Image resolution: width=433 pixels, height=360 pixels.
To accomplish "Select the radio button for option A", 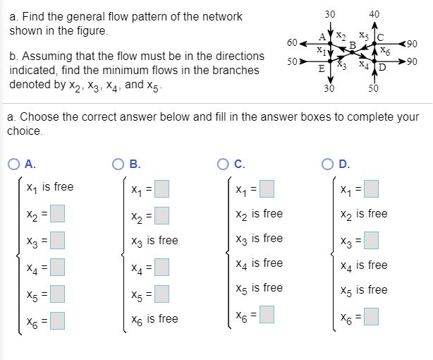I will coord(14,164).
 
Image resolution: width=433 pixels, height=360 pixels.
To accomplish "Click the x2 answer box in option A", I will coord(58,212).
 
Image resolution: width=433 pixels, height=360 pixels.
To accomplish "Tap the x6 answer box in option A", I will coord(58,320).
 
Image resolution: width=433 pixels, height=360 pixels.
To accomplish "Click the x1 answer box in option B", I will coord(162,189).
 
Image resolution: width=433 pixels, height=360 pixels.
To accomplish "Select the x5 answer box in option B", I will coord(162,292).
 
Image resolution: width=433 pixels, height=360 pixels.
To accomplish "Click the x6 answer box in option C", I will coord(267,314).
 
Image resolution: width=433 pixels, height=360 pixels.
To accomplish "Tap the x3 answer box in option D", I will coord(371,240).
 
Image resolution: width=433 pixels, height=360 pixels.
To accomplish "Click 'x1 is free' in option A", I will coord(49,187).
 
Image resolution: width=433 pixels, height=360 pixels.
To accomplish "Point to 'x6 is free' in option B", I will coord(153,319).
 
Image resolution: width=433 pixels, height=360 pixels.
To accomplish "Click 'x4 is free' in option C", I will coord(258,263).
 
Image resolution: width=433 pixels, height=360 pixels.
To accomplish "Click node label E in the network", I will coord(322,68).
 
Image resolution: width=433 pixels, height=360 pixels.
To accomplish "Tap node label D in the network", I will coord(382,68).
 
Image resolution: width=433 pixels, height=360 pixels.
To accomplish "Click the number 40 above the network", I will coord(373,13).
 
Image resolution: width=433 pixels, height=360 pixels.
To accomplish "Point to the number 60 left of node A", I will coord(292,43).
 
